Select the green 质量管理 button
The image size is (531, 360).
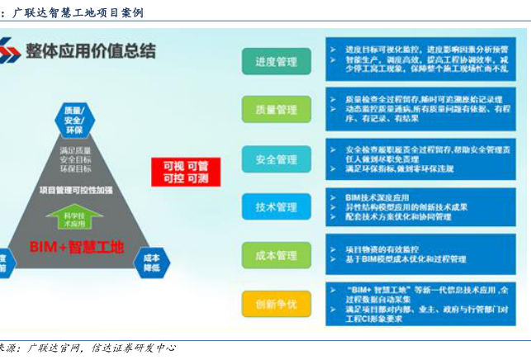[x=276, y=109]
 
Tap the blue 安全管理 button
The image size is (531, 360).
[x=276, y=159]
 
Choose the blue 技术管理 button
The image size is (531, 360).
[x=276, y=206]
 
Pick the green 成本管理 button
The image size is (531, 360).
[x=276, y=255]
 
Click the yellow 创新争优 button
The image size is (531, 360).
[x=276, y=304]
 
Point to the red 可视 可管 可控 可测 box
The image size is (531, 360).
[x=185, y=172]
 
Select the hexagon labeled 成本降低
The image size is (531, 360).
[x=151, y=263]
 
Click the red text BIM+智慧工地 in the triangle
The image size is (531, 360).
[x=76, y=246]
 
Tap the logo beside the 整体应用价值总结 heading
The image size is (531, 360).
[x=10, y=51]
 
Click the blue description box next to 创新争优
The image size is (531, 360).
[x=422, y=304]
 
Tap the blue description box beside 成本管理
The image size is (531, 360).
[x=422, y=255]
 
